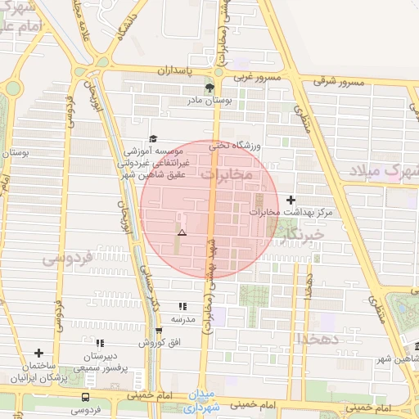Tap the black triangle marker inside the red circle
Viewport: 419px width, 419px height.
coord(182,233)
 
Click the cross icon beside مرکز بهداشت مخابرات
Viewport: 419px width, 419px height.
coord(292,200)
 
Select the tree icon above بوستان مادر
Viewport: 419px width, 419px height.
coord(209,88)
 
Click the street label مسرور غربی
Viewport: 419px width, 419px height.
coord(280,76)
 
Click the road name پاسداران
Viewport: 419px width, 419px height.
coord(179,71)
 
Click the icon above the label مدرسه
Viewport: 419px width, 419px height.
coord(182,306)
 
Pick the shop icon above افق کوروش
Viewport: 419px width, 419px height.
coord(159,330)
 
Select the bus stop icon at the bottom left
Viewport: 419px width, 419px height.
coord(86,397)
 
